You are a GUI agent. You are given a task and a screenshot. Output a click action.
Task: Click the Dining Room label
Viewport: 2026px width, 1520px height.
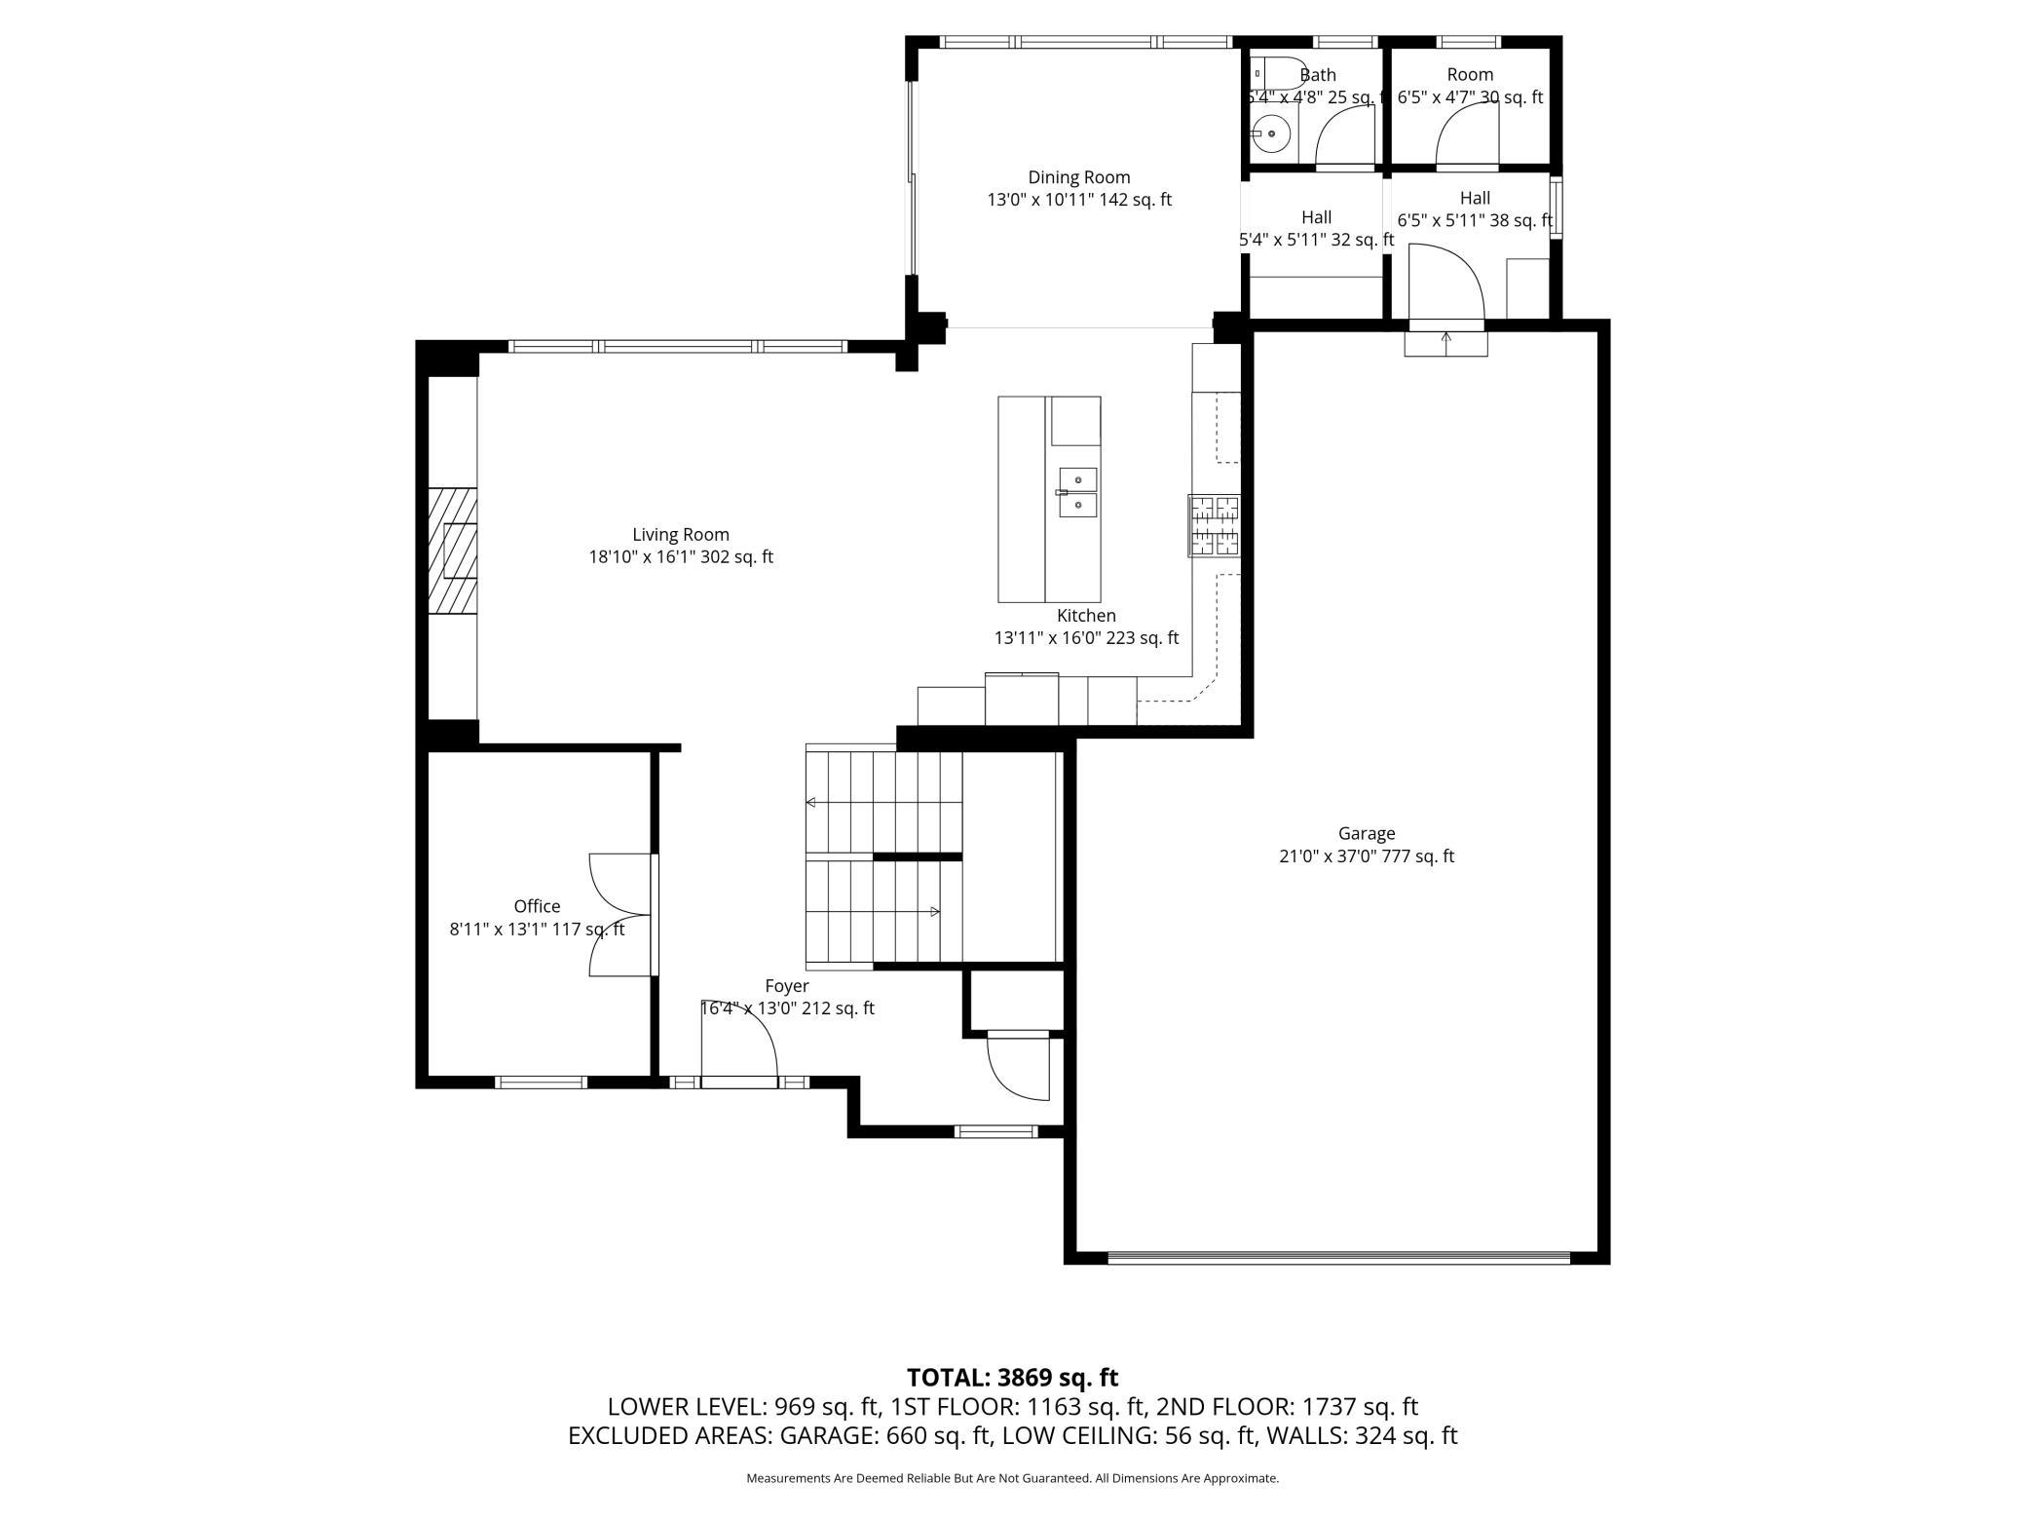click(1079, 177)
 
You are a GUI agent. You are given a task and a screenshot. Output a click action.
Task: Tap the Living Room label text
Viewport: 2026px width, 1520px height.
click(681, 535)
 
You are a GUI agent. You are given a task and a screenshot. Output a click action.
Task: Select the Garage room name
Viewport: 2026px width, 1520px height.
click(1367, 834)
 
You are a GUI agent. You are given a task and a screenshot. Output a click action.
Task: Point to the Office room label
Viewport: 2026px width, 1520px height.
click(537, 906)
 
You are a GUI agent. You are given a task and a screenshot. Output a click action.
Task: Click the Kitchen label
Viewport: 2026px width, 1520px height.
click(1086, 616)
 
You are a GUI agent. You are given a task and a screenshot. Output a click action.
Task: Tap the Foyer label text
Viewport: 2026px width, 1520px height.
click(787, 986)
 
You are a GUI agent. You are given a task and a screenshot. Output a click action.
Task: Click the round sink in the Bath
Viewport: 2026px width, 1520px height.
click(1270, 133)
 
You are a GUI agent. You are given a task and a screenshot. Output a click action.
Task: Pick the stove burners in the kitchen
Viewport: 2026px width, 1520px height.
click(1214, 526)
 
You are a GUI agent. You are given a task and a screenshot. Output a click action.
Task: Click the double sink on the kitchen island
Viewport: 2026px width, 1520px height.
click(1078, 494)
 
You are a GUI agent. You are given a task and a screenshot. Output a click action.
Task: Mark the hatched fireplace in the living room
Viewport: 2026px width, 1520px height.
click(453, 551)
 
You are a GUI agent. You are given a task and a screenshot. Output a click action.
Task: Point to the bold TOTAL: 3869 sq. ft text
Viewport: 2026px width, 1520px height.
click(1012, 1378)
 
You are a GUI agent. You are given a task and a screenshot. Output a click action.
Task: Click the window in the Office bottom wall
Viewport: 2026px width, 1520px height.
click(542, 1082)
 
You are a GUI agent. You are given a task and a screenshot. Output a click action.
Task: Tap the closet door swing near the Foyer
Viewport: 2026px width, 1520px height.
click(1019, 1067)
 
